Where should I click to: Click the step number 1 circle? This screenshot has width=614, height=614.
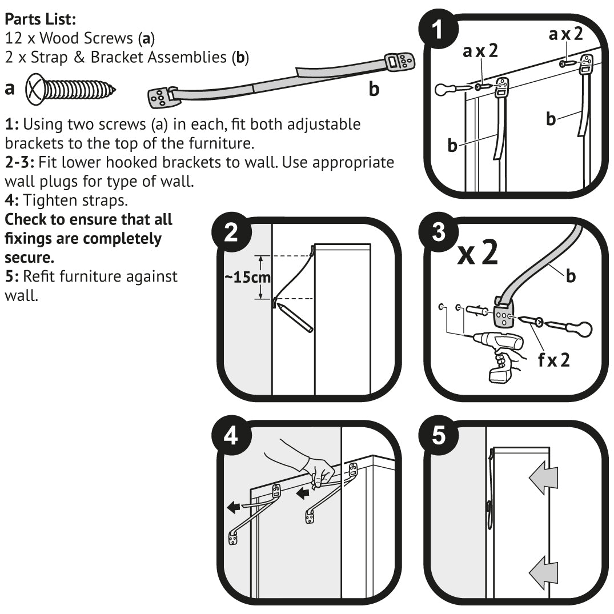pyautogui.click(x=438, y=29)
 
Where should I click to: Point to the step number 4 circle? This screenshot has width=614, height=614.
pyautogui.click(x=231, y=438)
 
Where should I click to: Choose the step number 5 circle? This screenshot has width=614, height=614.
pyautogui.click(x=438, y=438)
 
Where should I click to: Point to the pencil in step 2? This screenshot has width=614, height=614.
pyautogui.click(x=296, y=318)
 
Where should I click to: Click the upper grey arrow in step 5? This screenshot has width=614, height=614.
pyautogui.click(x=543, y=479)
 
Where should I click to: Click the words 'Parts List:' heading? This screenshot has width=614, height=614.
pyautogui.click(x=41, y=19)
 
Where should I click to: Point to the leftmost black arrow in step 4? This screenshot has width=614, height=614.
pyautogui.click(x=234, y=506)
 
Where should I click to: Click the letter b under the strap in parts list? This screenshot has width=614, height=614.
pyautogui.click(x=374, y=90)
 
